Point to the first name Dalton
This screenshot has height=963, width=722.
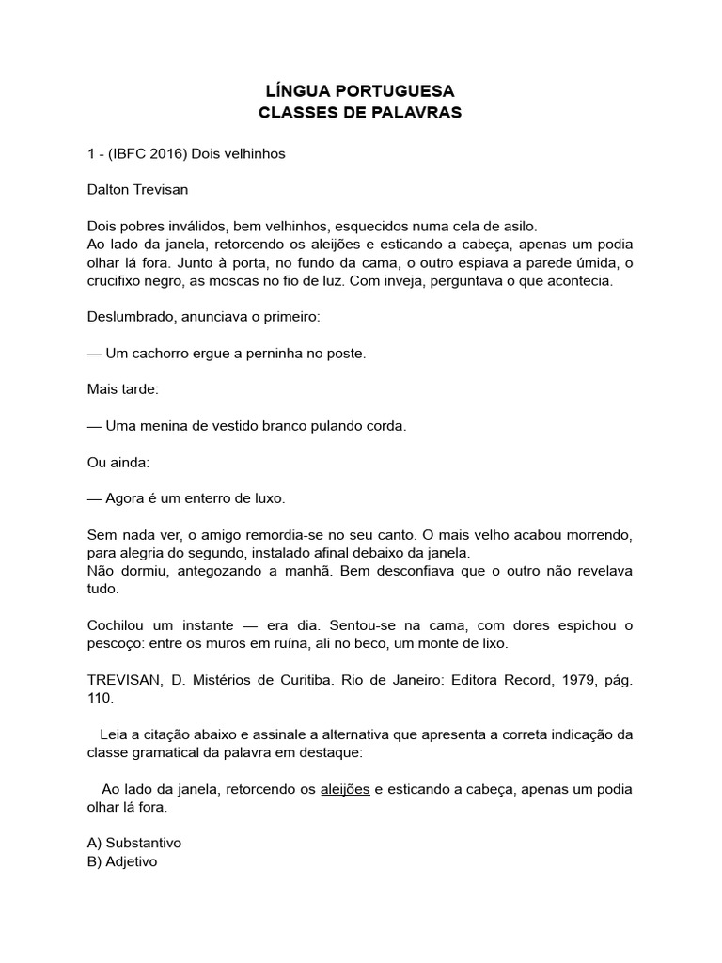(x=110, y=189)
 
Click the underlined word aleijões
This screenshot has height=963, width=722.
(x=346, y=789)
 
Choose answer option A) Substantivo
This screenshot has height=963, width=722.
(x=133, y=843)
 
